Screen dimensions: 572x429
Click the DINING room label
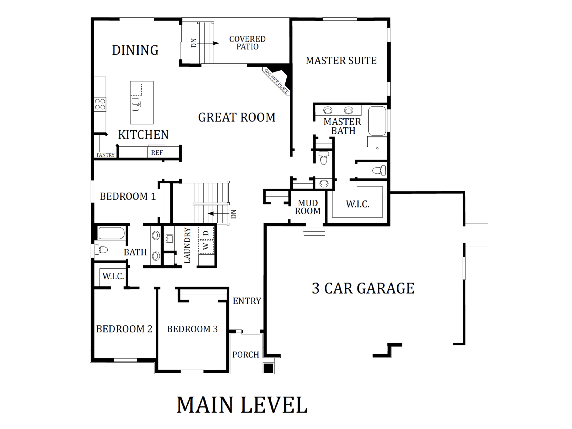(135, 50)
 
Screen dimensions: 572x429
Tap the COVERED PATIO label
(248, 43)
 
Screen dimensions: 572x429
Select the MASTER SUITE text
(341, 61)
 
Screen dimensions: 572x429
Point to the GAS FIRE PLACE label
(276, 81)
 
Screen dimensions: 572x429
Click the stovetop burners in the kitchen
(100, 104)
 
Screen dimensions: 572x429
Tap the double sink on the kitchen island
(136, 104)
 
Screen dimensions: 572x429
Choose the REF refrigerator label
(157, 153)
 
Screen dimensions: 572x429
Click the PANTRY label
(105, 155)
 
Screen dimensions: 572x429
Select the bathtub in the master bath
(377, 121)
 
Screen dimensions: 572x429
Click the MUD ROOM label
(308, 207)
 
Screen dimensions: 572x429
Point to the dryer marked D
(206, 233)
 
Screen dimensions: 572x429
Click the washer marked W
(206, 246)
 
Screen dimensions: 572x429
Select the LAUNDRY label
(187, 245)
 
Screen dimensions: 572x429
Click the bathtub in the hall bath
(112, 233)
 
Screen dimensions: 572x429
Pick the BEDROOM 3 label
(192, 329)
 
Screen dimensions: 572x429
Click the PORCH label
(246, 355)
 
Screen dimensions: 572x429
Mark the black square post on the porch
(268, 368)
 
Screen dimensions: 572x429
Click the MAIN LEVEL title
(242, 405)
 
